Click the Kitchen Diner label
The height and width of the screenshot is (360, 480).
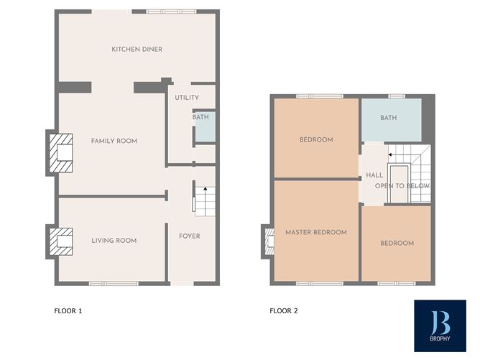[137, 50]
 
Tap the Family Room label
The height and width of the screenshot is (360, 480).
[114, 141]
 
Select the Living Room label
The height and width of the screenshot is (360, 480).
[114, 241]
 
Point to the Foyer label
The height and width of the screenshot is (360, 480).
[190, 236]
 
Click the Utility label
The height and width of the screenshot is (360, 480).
[187, 98]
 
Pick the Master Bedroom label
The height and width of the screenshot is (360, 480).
[316, 232]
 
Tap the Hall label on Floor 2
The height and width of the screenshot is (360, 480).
[374, 175]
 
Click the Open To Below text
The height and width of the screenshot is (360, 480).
[402, 186]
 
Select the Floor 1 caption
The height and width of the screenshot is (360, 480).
[68, 311]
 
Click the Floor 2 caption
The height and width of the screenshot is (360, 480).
[284, 311]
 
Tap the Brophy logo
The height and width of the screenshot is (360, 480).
[440, 326]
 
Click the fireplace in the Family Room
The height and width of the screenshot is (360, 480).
[61, 153]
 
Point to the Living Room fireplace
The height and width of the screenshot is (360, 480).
[61, 241]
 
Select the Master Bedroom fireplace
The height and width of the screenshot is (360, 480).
[269, 241]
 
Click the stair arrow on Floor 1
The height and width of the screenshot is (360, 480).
[206, 190]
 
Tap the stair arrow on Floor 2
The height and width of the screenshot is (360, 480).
[392, 155]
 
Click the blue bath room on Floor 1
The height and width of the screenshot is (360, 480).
[206, 126]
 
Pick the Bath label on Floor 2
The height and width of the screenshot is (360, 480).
[389, 118]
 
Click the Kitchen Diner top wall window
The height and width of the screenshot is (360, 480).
[171, 11]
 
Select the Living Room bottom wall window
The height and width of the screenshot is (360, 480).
[114, 284]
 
